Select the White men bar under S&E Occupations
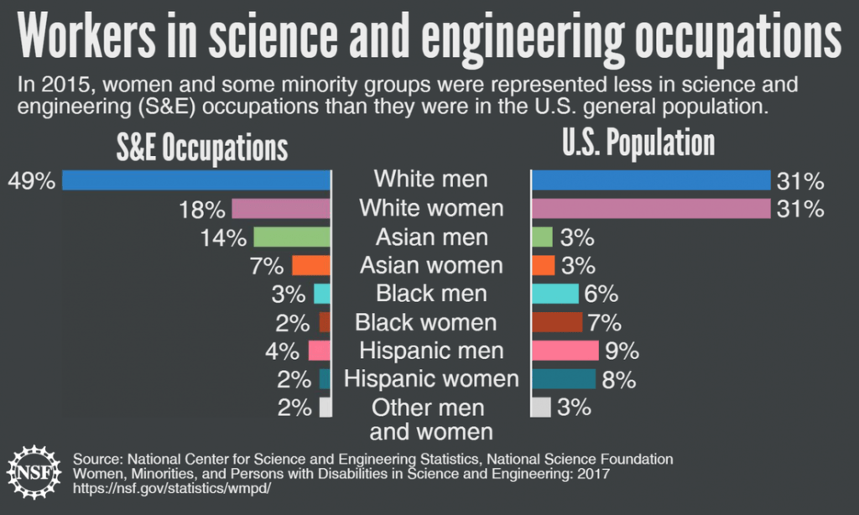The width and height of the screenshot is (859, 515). click(x=196, y=180)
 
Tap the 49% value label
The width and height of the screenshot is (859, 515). click(x=31, y=180)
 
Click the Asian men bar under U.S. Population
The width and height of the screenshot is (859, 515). click(x=542, y=237)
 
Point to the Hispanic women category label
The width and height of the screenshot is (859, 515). click(x=431, y=379)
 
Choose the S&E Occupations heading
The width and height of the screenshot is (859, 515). click(x=201, y=148)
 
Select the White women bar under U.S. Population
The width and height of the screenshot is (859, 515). click(x=651, y=209)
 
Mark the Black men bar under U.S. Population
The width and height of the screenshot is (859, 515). click(x=555, y=294)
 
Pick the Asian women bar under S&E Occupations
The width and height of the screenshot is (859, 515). click(x=310, y=266)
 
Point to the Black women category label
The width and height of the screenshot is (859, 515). click(x=426, y=322)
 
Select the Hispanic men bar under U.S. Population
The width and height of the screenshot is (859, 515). click(x=565, y=351)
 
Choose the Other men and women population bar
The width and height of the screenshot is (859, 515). click(x=542, y=408)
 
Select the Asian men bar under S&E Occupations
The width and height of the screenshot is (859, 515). click(x=292, y=237)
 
